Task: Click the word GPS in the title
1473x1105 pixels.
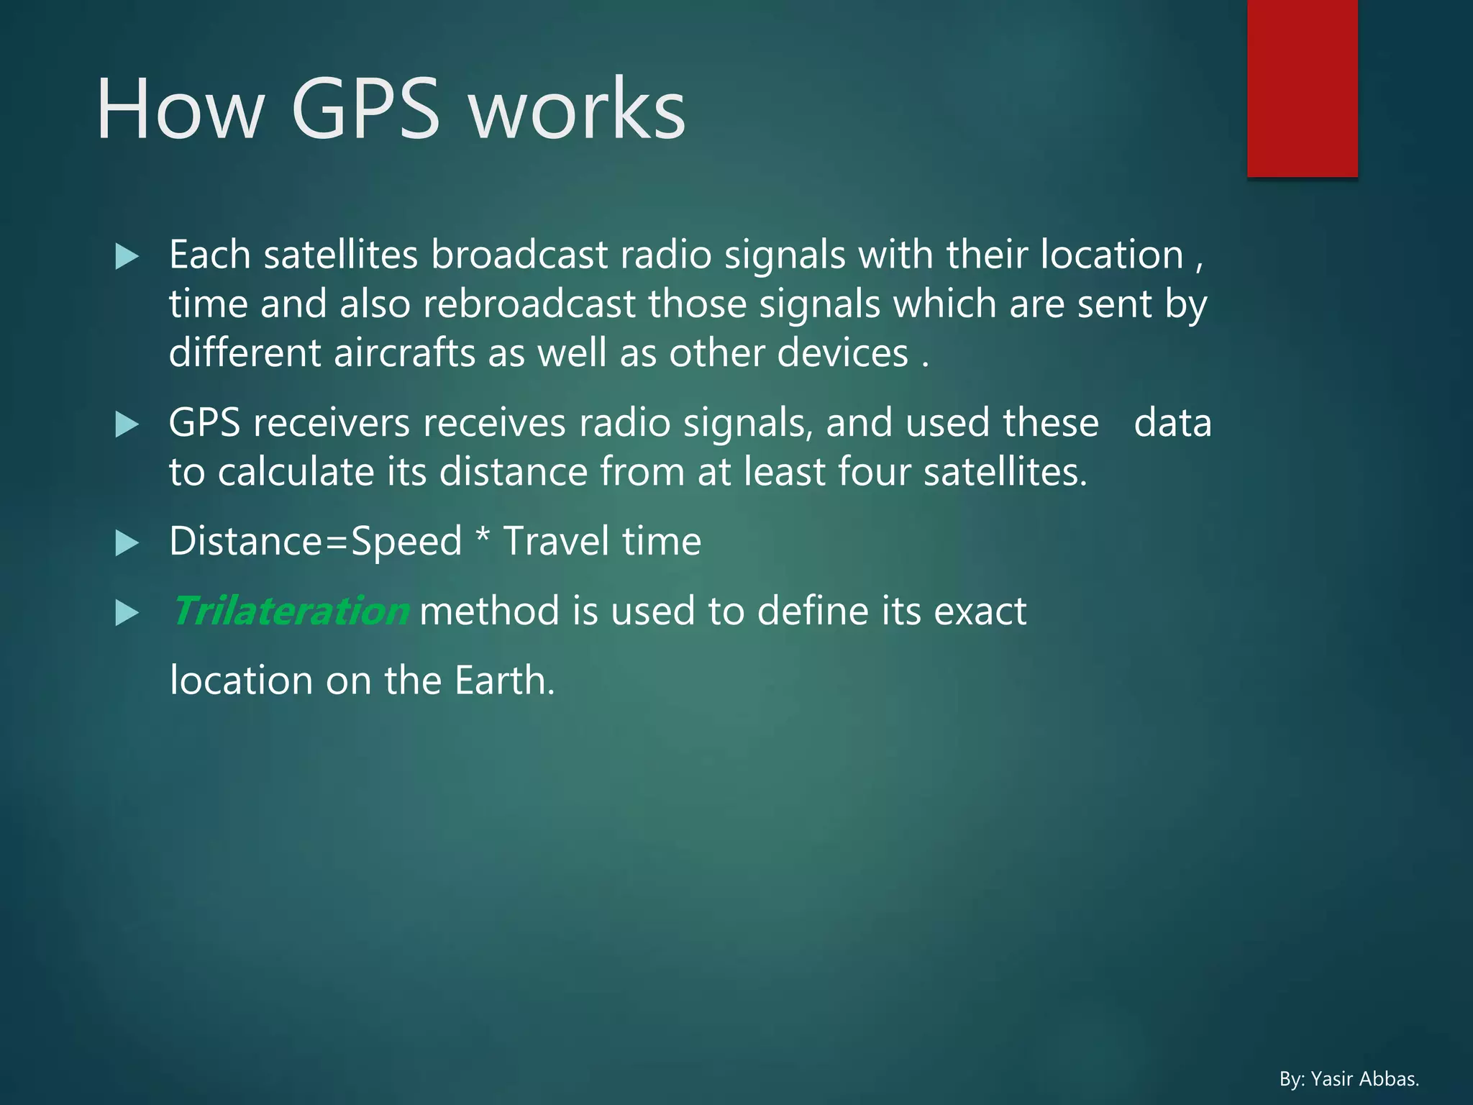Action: point(365,109)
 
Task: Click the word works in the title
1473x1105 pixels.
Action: point(577,109)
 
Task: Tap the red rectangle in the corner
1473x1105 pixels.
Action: point(1302,88)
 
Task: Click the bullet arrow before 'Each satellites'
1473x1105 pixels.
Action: point(127,256)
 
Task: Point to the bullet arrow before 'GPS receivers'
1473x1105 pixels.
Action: point(127,424)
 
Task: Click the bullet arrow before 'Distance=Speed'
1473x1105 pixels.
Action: point(127,543)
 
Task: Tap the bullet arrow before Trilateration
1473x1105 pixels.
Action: point(127,613)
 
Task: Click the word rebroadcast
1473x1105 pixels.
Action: point(529,304)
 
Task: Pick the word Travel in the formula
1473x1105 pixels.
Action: point(556,541)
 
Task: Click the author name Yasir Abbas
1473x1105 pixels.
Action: point(1364,1079)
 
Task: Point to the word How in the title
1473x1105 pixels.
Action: point(181,109)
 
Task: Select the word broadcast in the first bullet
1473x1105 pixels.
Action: point(519,255)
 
